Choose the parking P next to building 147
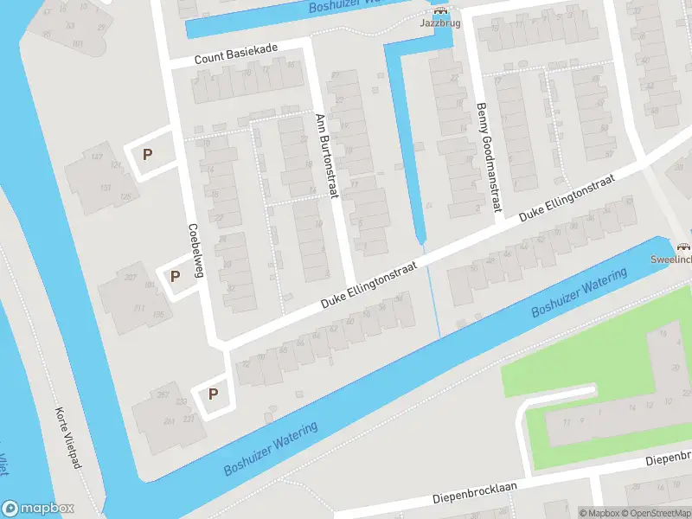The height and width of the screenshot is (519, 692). [x=148, y=156]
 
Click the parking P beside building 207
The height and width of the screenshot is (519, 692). [x=175, y=277]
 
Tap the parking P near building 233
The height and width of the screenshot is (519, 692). [x=213, y=394]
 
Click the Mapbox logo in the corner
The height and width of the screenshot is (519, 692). [x=38, y=509]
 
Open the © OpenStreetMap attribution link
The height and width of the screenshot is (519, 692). [x=655, y=513]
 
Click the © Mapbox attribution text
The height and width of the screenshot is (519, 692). [x=599, y=513]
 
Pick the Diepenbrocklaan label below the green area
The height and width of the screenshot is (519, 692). [x=474, y=493]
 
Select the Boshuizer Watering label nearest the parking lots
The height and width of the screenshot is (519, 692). [x=271, y=449]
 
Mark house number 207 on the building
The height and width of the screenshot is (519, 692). [x=131, y=278]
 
